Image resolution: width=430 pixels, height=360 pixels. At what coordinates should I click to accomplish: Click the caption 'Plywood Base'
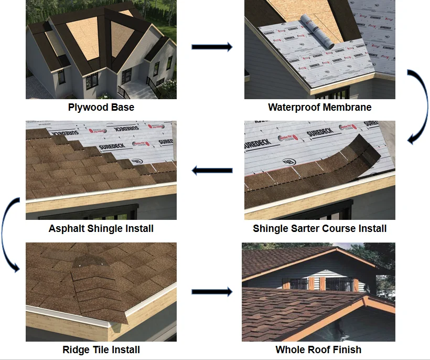(x=101, y=108)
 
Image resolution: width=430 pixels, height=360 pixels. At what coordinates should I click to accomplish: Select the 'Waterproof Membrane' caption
(x=319, y=108)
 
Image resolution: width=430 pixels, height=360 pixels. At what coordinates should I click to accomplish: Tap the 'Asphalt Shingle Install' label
(x=101, y=229)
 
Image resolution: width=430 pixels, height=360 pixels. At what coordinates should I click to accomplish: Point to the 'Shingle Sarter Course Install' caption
(x=319, y=229)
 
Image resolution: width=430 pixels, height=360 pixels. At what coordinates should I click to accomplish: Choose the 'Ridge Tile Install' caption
(x=101, y=350)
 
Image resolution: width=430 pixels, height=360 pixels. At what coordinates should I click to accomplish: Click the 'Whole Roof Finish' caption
(x=318, y=350)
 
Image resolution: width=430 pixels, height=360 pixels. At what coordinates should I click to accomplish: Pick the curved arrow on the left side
(x=10, y=234)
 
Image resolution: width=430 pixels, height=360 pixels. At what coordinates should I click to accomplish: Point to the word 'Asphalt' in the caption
(x=67, y=229)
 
